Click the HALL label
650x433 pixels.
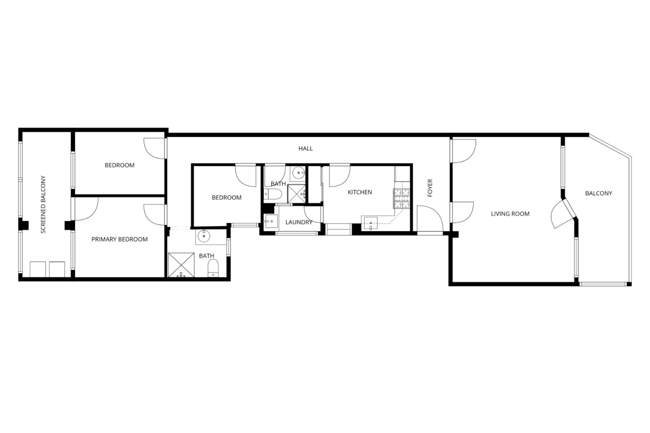(x=305, y=149)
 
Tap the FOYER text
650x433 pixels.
(x=430, y=188)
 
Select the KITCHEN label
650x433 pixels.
(x=360, y=192)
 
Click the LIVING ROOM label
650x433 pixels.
(x=510, y=214)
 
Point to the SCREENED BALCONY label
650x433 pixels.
(x=43, y=205)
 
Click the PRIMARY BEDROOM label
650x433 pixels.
(x=120, y=240)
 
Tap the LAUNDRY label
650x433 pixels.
(x=299, y=222)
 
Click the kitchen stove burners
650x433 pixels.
(x=401, y=199)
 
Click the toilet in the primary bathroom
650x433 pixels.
(x=213, y=268)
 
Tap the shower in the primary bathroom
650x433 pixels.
(x=181, y=265)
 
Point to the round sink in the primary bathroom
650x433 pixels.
(x=204, y=236)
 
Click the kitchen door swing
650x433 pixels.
(x=340, y=175)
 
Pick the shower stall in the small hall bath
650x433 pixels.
(x=297, y=194)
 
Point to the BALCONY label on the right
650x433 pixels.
(x=599, y=193)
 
